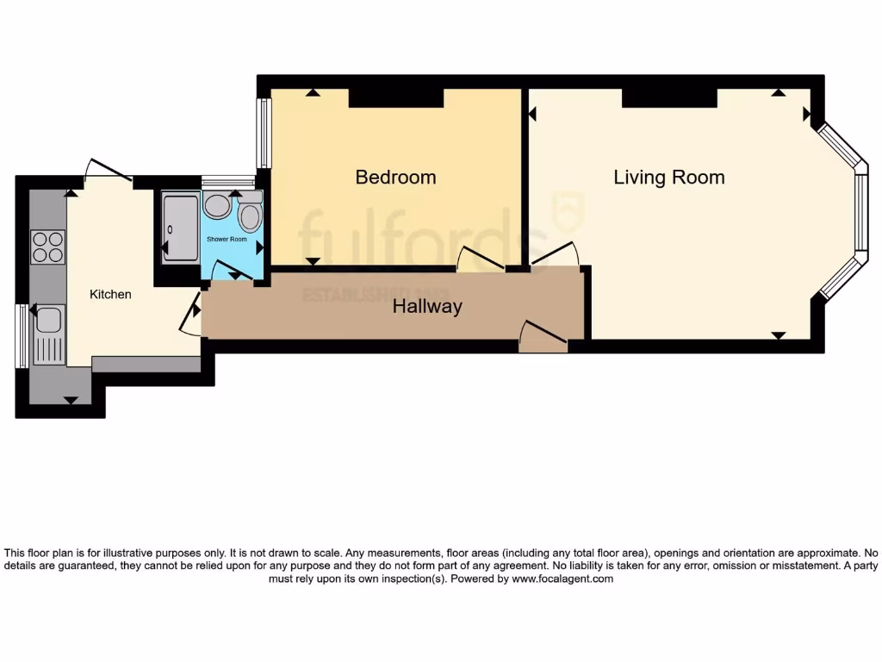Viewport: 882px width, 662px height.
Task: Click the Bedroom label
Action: pyautogui.click(x=395, y=178)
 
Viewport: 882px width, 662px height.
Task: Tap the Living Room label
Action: pyautogui.click(x=668, y=178)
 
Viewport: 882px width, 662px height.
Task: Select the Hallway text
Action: pyautogui.click(x=427, y=306)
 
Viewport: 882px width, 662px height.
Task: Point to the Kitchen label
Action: pyautogui.click(x=111, y=295)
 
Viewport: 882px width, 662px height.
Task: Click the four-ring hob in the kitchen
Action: pyautogui.click(x=48, y=247)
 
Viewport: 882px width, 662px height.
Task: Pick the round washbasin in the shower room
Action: pyautogui.click(x=217, y=206)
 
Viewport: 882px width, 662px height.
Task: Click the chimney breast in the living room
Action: pyautogui.click(x=669, y=98)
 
